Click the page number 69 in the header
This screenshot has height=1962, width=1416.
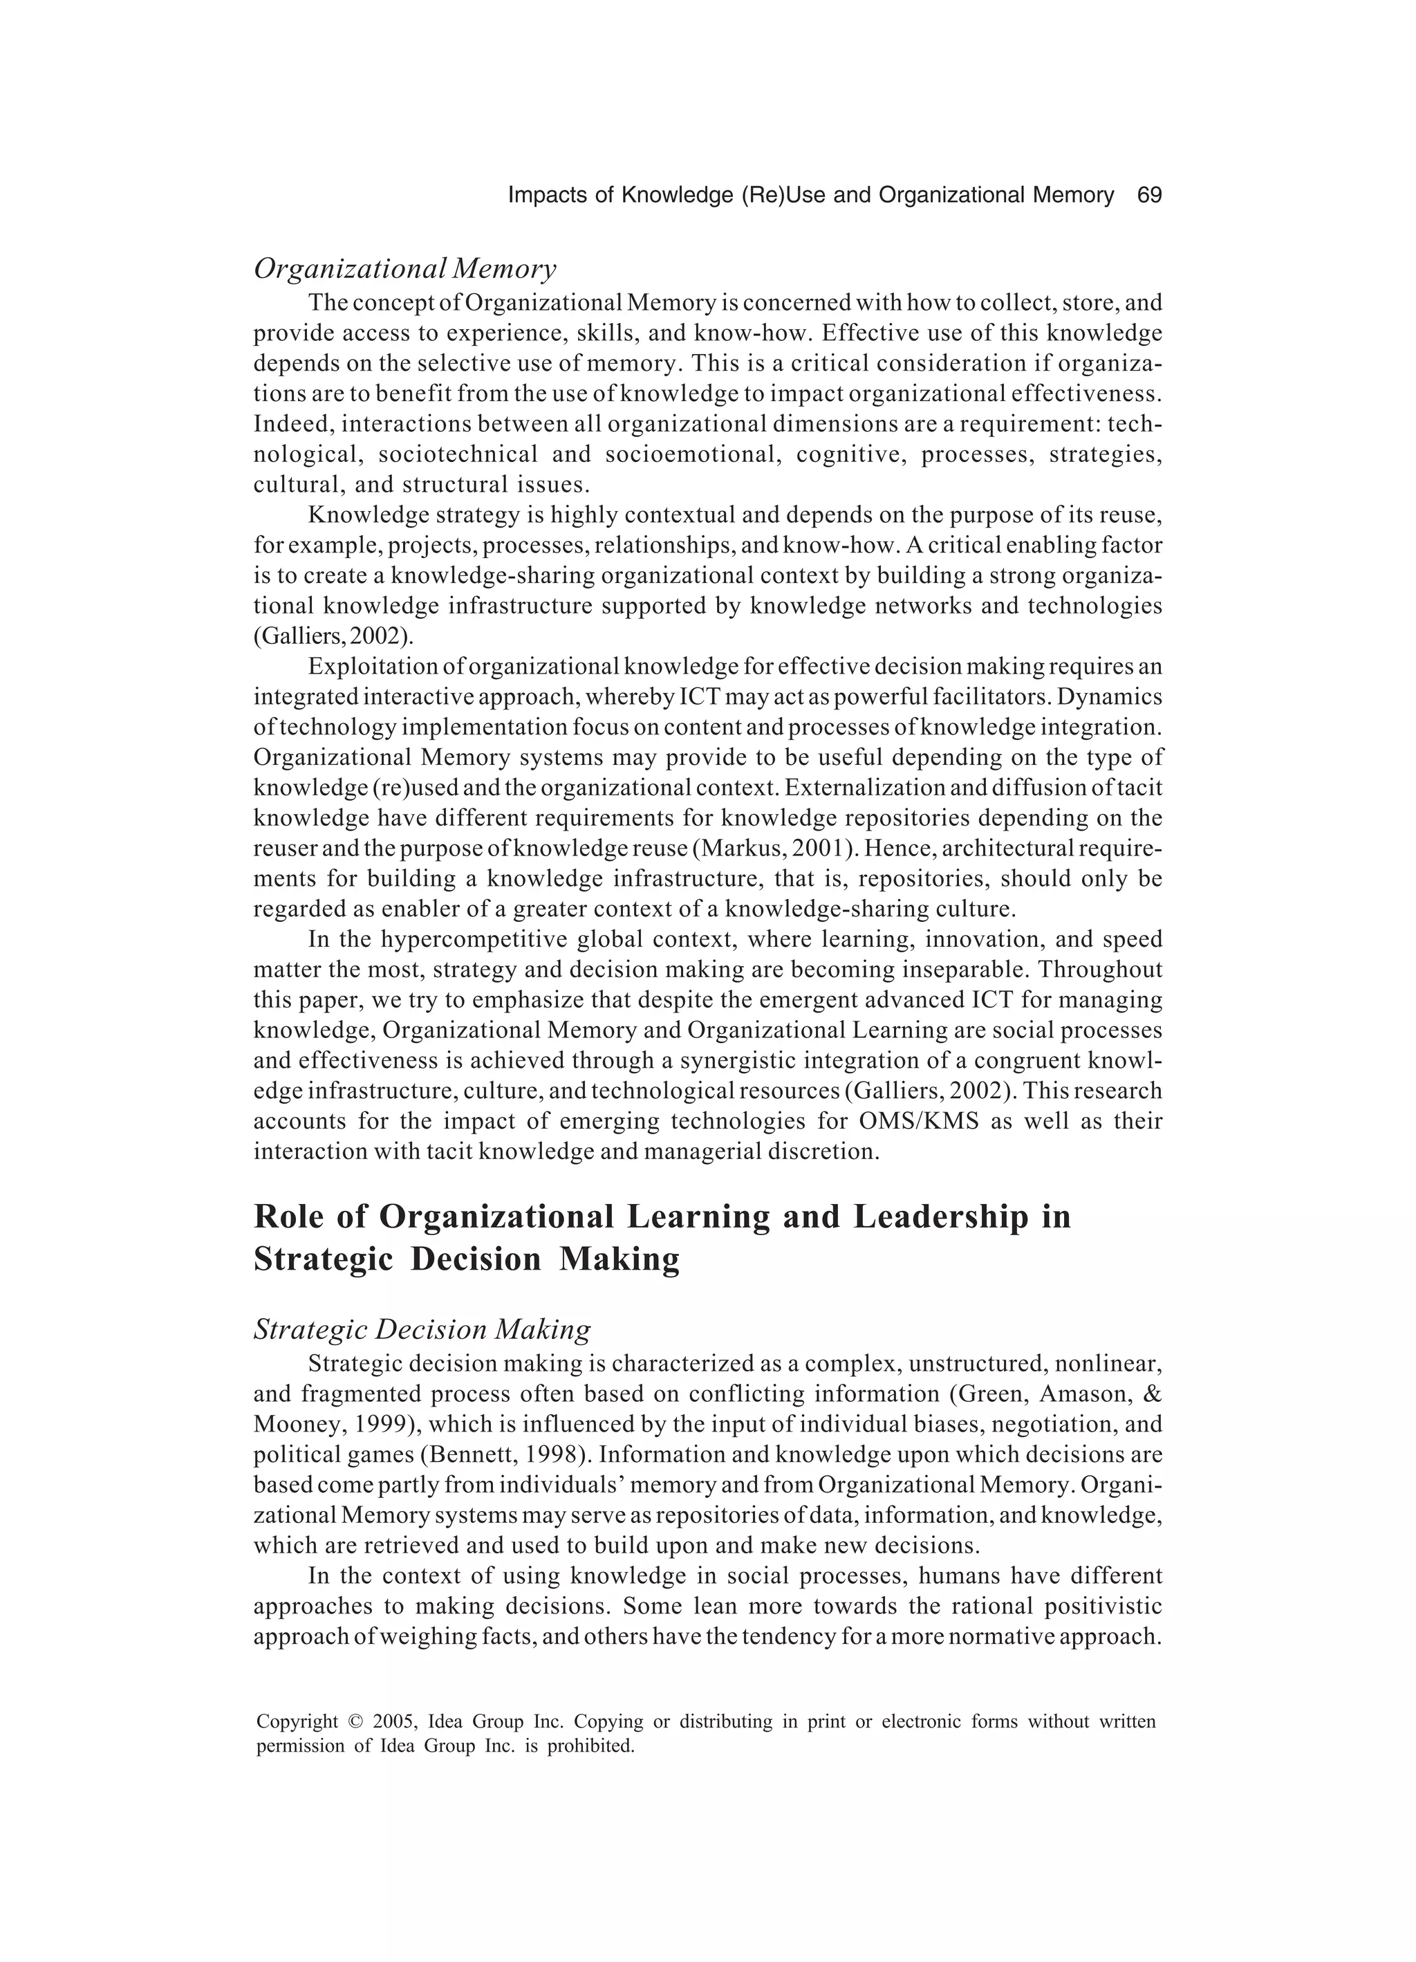click(x=1148, y=196)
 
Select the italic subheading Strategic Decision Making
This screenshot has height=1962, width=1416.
click(x=422, y=1329)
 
